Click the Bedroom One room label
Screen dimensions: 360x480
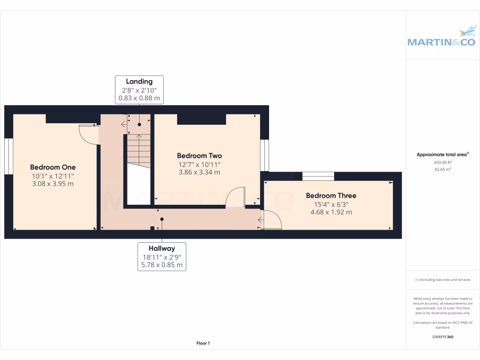point(52,167)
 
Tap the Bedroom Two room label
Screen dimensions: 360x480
point(199,156)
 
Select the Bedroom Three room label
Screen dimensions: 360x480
point(331,195)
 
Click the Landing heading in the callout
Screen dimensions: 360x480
point(139,82)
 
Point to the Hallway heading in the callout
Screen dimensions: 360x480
point(162,248)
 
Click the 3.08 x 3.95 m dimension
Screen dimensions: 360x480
point(52,184)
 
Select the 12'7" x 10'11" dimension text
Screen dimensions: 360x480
point(199,165)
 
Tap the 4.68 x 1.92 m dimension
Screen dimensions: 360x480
point(331,212)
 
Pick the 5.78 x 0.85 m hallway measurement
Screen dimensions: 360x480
point(162,265)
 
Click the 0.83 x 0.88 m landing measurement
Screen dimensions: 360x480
point(139,98)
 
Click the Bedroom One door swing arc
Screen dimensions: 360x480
point(88,135)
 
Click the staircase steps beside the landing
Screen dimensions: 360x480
point(139,150)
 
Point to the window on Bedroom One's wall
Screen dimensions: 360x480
point(9,156)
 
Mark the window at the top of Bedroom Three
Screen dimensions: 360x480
point(318,176)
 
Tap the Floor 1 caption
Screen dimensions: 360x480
point(203,343)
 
